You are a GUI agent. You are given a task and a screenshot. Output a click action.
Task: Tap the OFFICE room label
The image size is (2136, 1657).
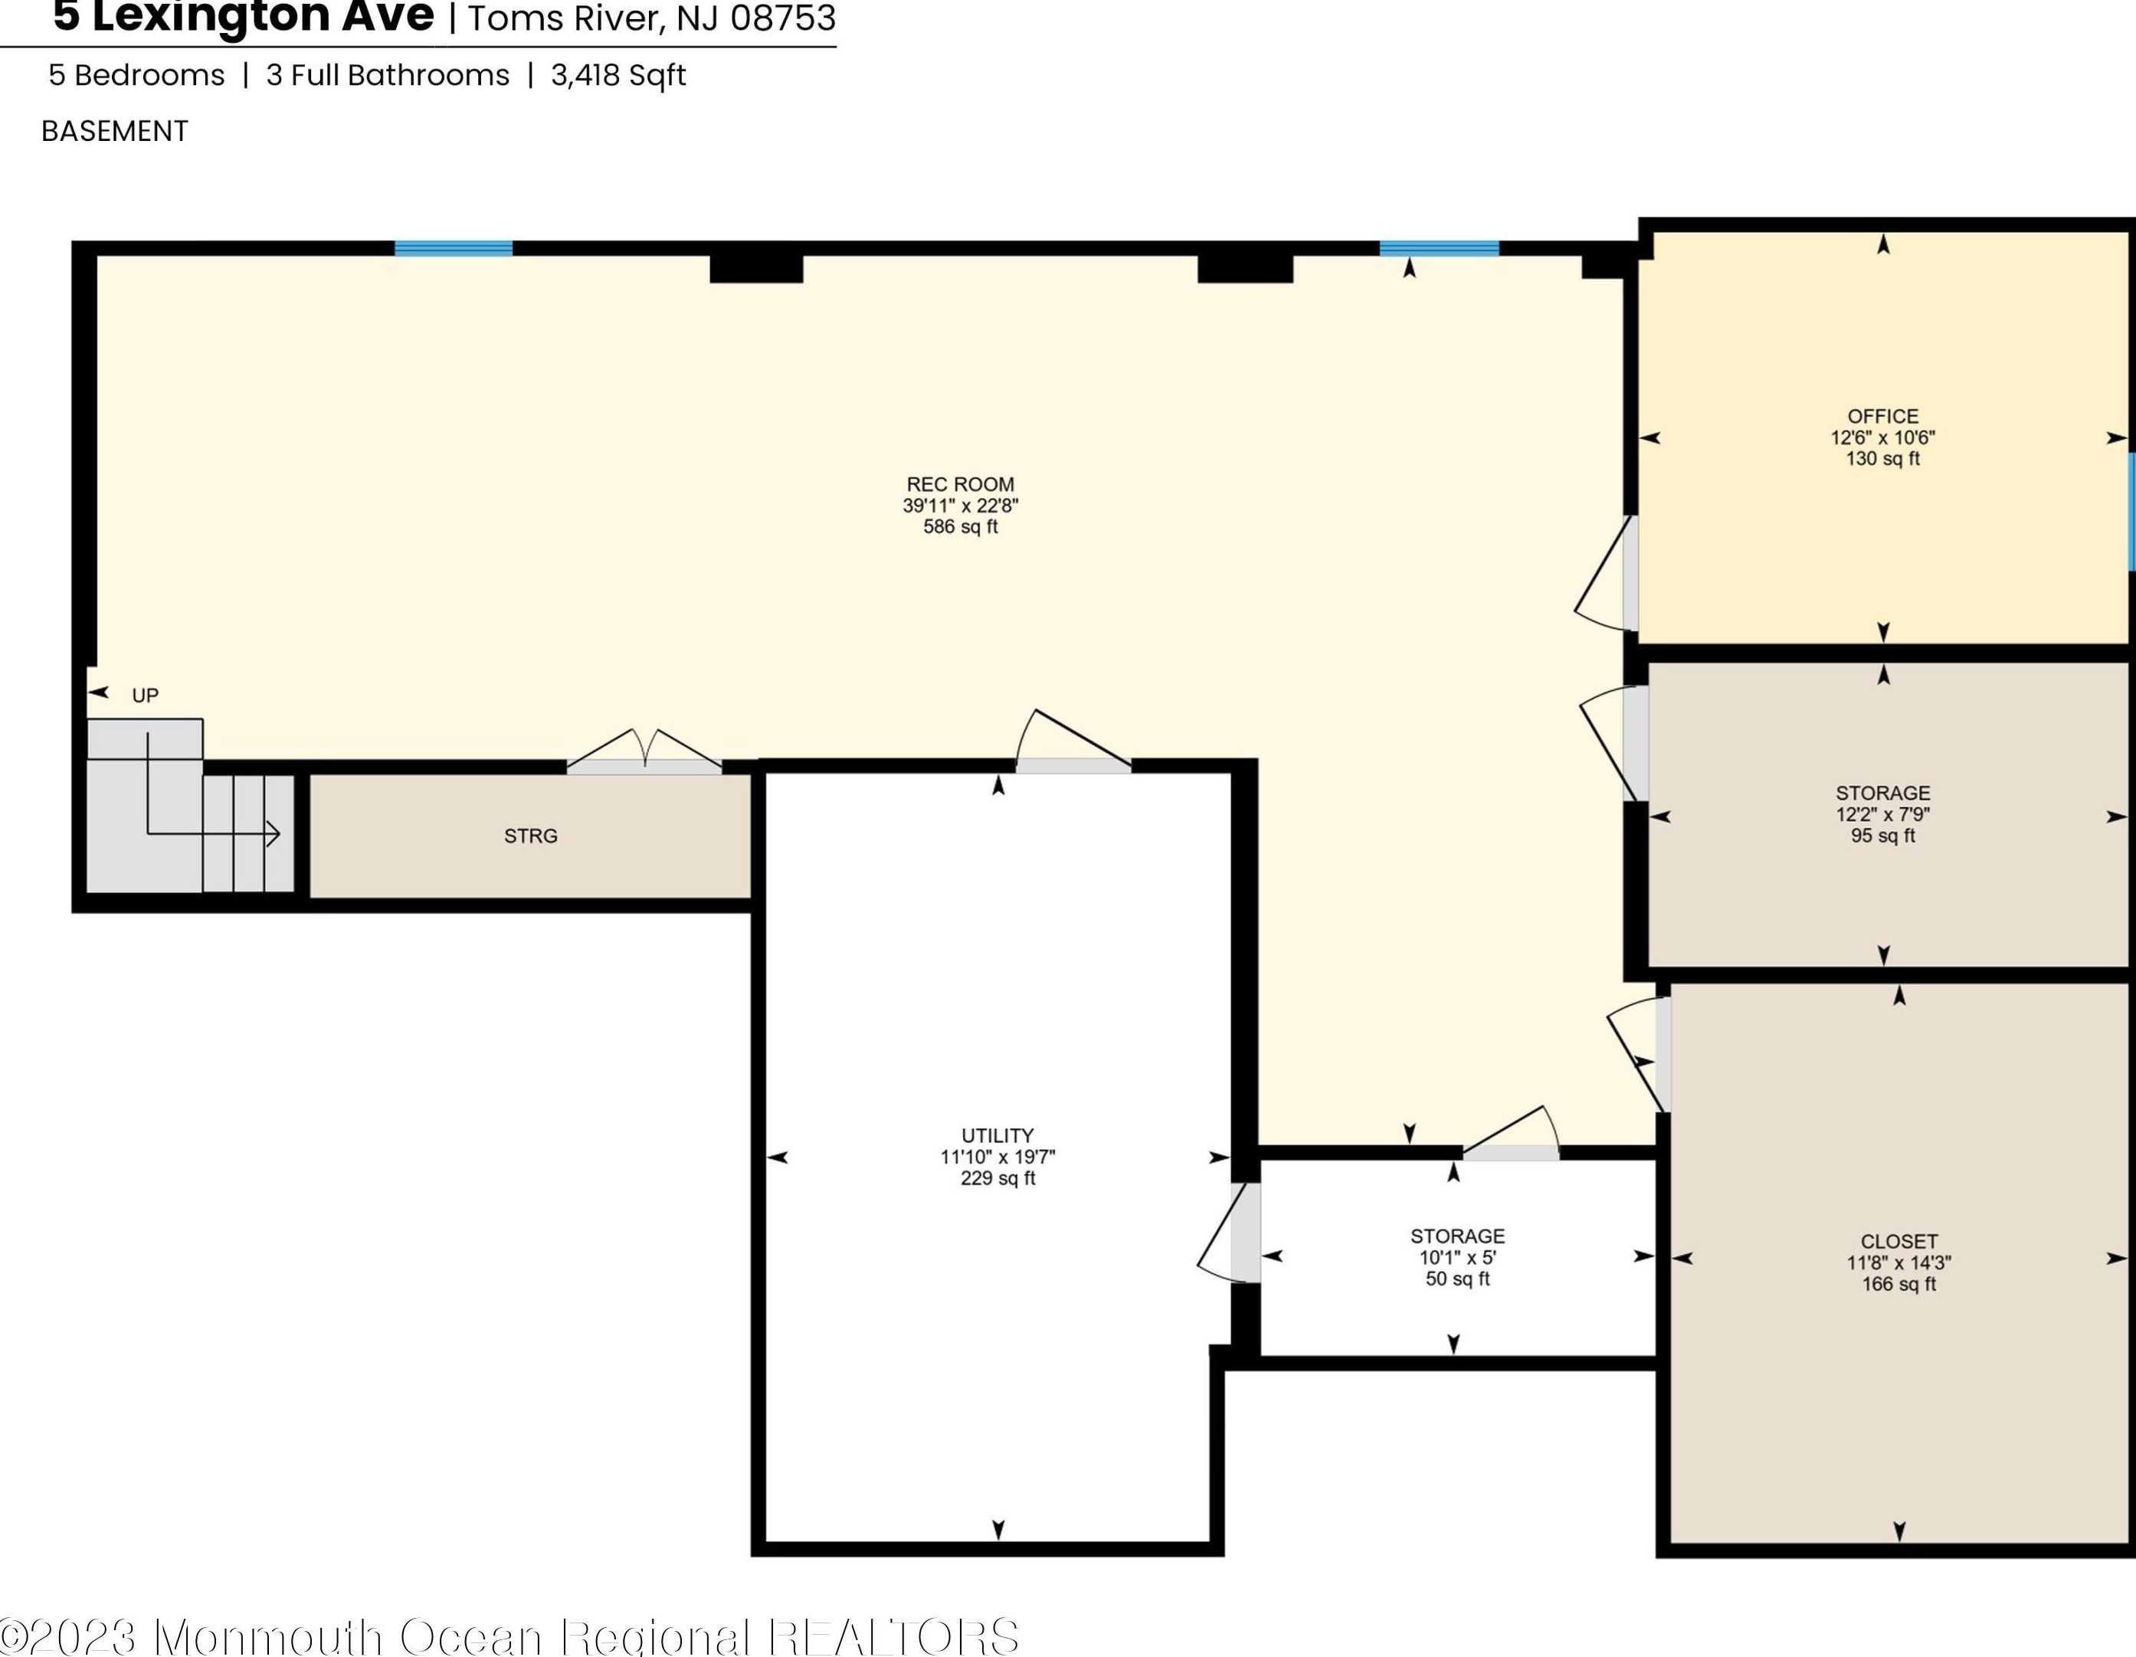[x=1882, y=417]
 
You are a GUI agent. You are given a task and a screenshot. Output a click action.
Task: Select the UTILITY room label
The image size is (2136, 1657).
[x=998, y=1135]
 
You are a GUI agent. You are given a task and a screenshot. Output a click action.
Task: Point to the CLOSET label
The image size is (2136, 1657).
[x=1898, y=1241]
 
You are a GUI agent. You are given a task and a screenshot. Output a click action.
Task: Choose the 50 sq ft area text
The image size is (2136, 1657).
[x=1457, y=1279]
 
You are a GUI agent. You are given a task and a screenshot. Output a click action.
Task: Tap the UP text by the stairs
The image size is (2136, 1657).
[x=145, y=696]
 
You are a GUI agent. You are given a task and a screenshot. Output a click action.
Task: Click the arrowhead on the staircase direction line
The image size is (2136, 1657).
[x=274, y=834]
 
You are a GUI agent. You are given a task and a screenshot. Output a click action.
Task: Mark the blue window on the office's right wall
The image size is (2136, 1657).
[x=2131, y=511]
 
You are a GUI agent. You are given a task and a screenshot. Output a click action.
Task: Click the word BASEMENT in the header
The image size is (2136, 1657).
[x=114, y=131]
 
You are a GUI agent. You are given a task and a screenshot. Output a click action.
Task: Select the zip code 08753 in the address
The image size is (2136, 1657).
[x=782, y=18]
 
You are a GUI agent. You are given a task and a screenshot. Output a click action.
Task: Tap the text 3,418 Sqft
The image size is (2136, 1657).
[x=618, y=75]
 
